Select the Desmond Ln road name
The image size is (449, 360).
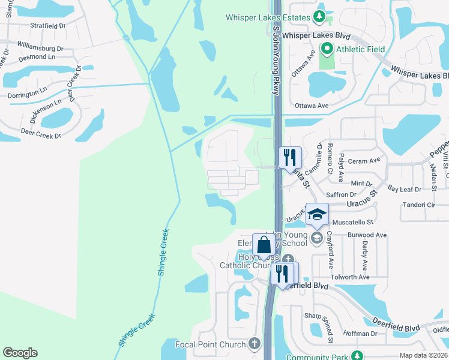37,58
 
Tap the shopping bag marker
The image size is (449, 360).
264,245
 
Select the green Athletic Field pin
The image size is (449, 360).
327,49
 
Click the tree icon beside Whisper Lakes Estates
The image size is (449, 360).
320,17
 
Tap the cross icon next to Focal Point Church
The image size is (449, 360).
255,344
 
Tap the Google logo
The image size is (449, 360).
20,353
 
